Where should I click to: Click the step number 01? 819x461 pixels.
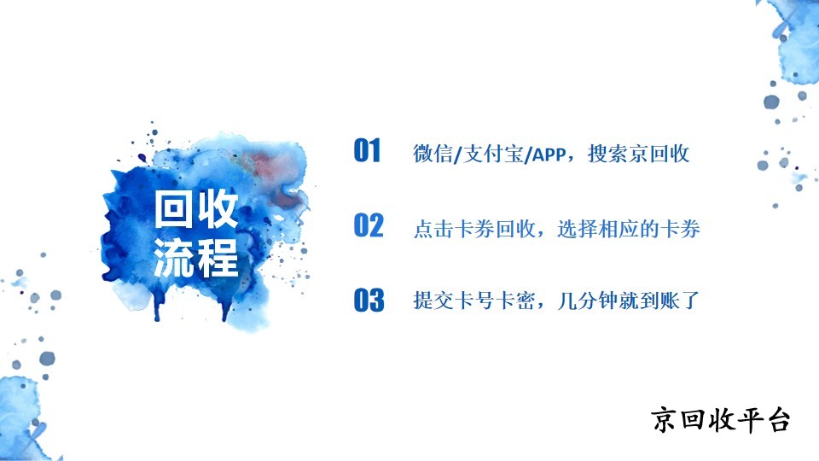click(x=367, y=150)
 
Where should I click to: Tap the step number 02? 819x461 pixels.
click(x=369, y=225)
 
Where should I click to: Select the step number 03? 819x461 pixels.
click(x=369, y=300)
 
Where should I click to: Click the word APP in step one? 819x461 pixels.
click(x=549, y=155)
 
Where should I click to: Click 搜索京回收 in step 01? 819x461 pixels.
click(x=638, y=154)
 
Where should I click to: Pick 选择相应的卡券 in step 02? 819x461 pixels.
click(x=629, y=229)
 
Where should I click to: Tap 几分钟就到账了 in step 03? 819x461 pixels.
click(x=629, y=301)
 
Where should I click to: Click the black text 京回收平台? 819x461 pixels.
click(x=720, y=420)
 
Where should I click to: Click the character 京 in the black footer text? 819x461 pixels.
click(x=664, y=420)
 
